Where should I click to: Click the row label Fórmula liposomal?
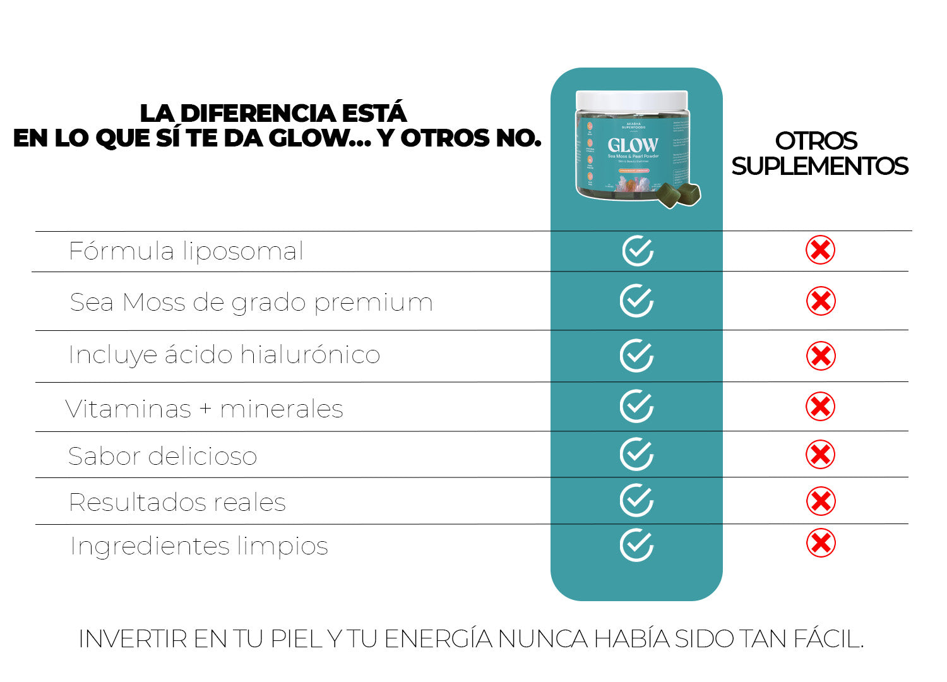tap(186, 251)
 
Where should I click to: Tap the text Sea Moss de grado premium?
tap(251, 302)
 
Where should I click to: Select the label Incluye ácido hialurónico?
tap(224, 355)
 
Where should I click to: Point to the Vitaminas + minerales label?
tap(204, 409)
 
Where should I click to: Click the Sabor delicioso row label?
tap(162, 456)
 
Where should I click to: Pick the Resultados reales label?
tap(177, 503)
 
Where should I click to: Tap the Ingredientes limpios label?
tap(199, 546)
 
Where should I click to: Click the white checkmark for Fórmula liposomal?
tap(638, 251)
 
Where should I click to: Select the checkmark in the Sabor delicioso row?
tap(636, 454)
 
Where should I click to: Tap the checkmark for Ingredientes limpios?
tap(636, 545)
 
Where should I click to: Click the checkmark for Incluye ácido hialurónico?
tap(636, 356)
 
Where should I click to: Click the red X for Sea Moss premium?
tap(821, 301)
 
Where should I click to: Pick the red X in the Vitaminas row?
tap(821, 407)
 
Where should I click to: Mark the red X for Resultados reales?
tap(821, 501)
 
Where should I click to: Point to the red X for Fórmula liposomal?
tap(820, 251)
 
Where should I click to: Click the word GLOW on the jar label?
tap(633, 145)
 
